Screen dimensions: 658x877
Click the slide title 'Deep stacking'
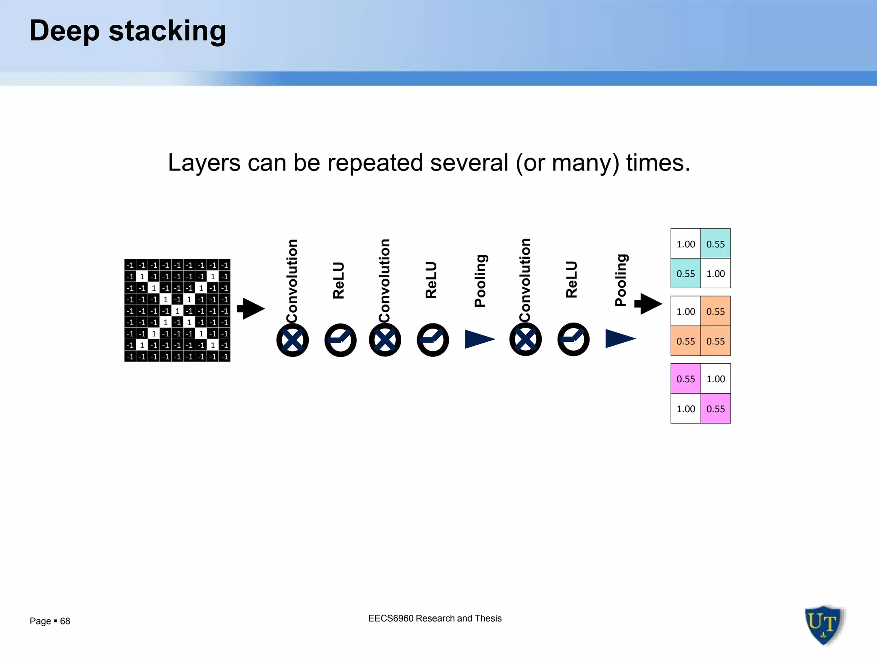coord(128,31)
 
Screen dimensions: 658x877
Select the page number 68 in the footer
coord(65,621)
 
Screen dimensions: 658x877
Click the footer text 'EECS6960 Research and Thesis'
coord(435,618)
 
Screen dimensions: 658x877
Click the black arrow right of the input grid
coord(251,308)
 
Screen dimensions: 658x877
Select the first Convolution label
coord(292,281)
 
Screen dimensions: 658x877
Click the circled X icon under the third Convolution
coord(525,340)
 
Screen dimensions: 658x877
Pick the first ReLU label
coord(339,280)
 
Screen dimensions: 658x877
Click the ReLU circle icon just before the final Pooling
coord(573,340)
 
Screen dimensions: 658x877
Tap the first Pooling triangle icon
coord(480,339)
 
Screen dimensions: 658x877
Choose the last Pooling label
coord(621,280)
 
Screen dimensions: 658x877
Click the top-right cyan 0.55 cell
coord(716,244)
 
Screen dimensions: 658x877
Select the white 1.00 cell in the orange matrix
coord(686,311)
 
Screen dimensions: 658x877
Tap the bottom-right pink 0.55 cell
coord(716,409)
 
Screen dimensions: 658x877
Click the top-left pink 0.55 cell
coord(686,379)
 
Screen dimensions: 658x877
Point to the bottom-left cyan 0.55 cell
coord(686,273)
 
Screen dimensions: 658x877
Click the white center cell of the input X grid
coord(177,311)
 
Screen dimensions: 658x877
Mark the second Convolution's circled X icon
coord(385,340)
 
